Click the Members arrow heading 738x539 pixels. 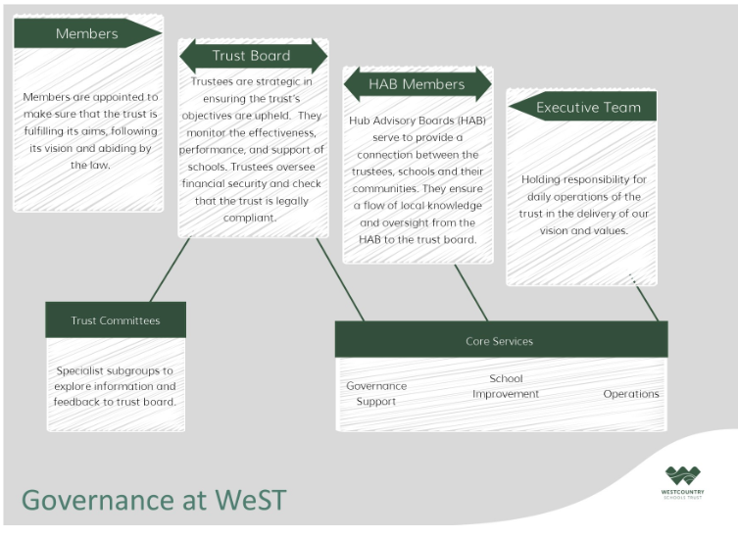87,33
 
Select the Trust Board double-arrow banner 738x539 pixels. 253,56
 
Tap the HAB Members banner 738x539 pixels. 418,84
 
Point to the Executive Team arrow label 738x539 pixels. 583,107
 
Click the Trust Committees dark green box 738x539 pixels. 116,320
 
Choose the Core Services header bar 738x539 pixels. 501,339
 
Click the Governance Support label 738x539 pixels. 376,394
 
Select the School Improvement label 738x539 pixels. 506,386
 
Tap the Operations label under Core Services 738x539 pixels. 631,394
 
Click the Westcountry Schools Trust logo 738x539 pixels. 682,482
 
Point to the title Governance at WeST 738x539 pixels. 154,500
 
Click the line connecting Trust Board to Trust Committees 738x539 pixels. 170,269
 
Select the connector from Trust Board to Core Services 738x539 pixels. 340,279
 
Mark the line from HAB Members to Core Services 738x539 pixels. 471,293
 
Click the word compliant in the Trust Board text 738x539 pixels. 250,219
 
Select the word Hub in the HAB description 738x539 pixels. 358,121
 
